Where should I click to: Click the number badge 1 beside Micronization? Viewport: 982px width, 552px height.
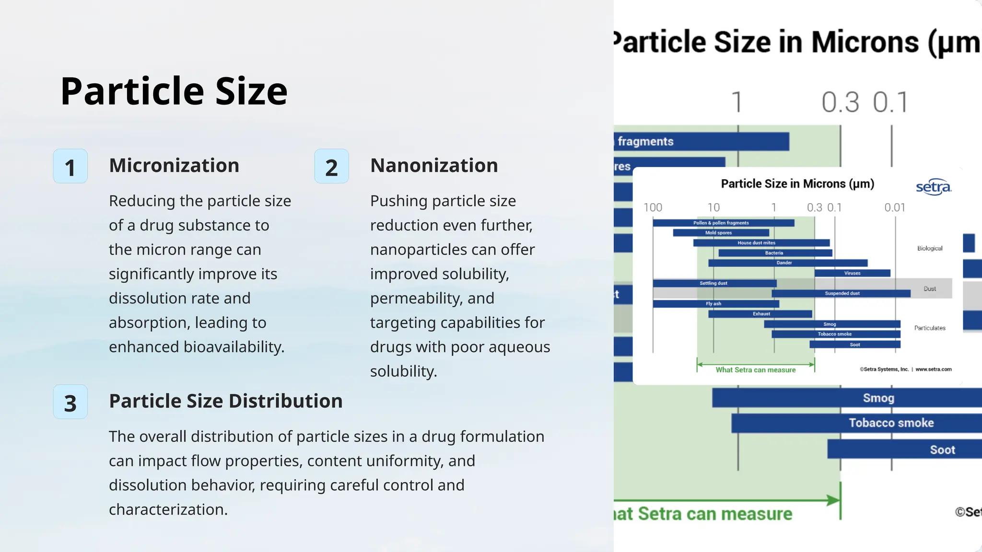[x=70, y=166]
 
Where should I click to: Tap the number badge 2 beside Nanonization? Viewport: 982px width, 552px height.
[x=331, y=166]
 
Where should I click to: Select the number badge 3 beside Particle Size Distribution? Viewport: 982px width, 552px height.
[x=70, y=402]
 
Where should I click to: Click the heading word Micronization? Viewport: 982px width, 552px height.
[x=174, y=165]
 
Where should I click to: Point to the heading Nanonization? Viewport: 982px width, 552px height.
[x=434, y=165]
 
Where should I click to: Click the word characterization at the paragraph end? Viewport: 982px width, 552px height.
[x=168, y=509]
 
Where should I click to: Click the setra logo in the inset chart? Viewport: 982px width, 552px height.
[x=933, y=186]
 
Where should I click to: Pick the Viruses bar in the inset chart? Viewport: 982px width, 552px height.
[x=852, y=273]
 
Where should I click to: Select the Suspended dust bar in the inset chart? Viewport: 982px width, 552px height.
[x=842, y=293]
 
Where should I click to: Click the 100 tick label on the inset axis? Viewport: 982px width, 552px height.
[x=653, y=207]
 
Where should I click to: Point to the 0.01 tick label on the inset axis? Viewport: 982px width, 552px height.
[x=895, y=207]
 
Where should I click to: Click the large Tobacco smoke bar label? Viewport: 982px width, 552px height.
[x=891, y=423]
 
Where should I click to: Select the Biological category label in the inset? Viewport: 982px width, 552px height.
[x=929, y=248]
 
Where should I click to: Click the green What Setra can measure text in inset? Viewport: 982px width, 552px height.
[x=755, y=370]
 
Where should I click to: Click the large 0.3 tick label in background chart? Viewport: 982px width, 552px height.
[x=840, y=102]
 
